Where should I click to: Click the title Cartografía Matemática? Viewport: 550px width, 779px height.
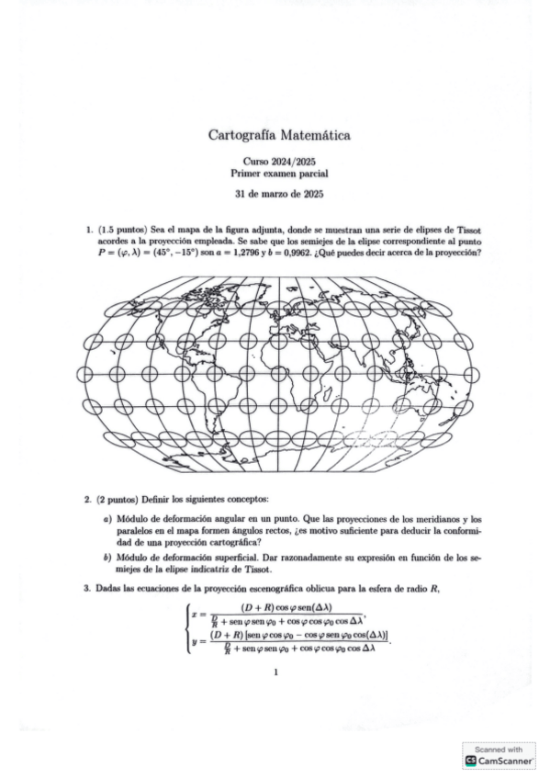coord(279,136)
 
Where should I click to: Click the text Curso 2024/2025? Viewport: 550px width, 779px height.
coord(279,161)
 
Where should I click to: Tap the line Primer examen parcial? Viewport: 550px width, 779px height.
coord(279,172)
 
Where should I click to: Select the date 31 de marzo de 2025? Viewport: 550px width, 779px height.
coord(279,193)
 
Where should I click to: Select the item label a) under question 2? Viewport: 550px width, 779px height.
coord(108,520)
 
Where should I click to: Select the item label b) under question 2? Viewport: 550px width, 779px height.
coord(108,557)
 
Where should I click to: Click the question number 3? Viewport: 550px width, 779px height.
coord(86,588)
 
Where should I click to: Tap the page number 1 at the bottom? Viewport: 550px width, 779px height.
coord(275,672)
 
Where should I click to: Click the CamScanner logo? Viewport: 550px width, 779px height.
coord(472,762)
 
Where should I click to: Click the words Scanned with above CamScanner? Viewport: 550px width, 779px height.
coord(499,750)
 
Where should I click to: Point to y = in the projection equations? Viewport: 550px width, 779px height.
coord(198,640)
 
